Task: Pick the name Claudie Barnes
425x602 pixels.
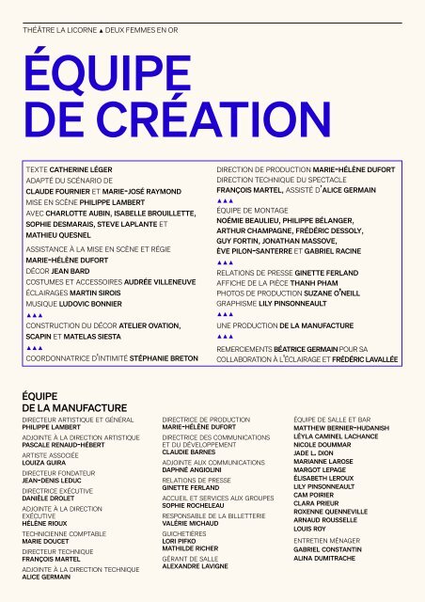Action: pos(189,451)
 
